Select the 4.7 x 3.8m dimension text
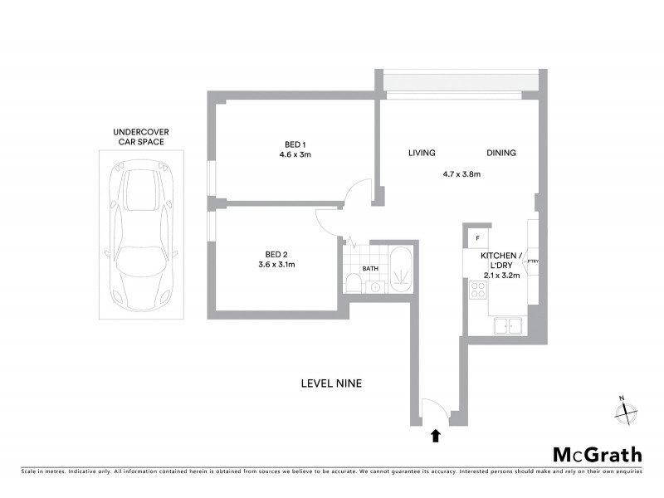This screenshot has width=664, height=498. coord(462,174)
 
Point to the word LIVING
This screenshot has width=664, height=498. coord(422,153)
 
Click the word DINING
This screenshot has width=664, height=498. coord(501,153)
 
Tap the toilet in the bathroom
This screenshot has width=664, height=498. coord(353,284)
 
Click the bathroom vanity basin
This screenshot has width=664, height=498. coord(374,287)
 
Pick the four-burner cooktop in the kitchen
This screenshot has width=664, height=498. coord(479,290)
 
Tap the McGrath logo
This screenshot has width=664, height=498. coord(598,454)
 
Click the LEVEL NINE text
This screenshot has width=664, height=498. coord(331,383)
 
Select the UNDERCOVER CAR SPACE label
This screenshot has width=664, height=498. coord(139,137)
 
